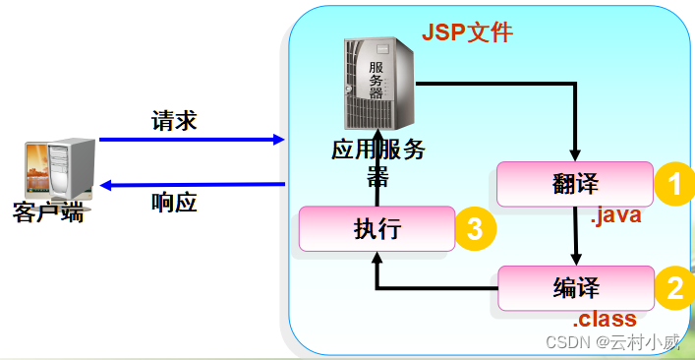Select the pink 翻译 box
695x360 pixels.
(574, 184)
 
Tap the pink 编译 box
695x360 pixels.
(576, 288)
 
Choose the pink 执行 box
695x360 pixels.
(376, 229)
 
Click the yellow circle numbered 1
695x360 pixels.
(674, 184)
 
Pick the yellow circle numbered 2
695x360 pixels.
(674, 288)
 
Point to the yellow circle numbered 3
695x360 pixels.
(474, 230)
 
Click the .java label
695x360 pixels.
(615, 216)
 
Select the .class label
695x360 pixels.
(605, 320)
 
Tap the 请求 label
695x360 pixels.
(174, 121)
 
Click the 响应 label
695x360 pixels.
(174, 203)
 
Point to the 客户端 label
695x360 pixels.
(47, 211)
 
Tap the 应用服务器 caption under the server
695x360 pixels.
(377, 163)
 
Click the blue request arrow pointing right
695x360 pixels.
(191, 140)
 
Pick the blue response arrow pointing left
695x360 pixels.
(191, 184)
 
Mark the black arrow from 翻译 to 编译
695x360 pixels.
(575, 236)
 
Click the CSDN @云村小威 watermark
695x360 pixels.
(625, 343)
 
